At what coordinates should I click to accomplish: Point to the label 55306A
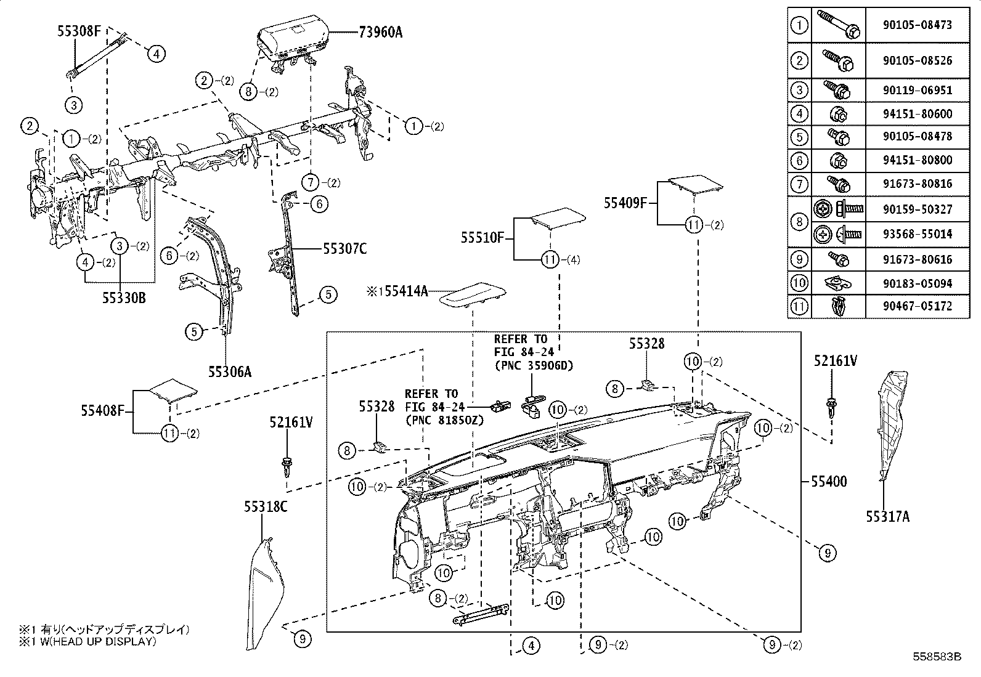229,371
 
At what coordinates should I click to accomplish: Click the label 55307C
344,248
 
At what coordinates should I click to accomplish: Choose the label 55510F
482,237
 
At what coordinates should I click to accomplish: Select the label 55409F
625,203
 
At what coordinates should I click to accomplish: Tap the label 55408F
102,410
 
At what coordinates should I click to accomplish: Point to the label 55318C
266,506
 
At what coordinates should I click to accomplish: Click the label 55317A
887,517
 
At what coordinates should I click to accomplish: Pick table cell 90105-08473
917,25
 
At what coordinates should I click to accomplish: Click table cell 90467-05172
917,306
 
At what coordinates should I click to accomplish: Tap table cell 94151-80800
917,160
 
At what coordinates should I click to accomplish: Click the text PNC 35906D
534,365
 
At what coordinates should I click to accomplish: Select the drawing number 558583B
937,657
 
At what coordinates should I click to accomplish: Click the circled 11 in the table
799,306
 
